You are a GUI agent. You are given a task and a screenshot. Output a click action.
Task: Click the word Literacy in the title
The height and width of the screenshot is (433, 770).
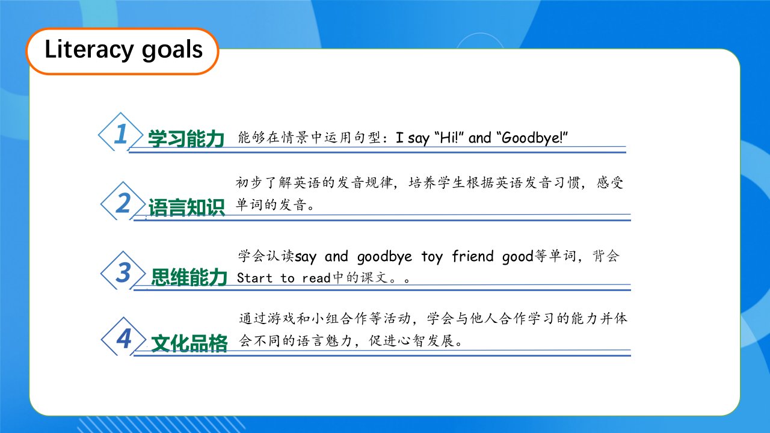point(89,50)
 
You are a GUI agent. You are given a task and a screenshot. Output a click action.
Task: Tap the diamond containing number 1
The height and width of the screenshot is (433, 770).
point(121,132)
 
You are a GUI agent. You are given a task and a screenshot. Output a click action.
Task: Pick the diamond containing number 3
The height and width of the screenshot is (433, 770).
point(123,271)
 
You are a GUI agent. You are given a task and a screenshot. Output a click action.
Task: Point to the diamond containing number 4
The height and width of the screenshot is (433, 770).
point(124,337)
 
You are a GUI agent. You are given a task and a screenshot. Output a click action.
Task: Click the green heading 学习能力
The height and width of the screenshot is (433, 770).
point(186,138)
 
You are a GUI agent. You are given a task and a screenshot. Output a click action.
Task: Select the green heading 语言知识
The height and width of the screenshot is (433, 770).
point(186,207)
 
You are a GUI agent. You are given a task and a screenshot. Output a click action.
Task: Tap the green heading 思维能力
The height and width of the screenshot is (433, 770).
point(189,277)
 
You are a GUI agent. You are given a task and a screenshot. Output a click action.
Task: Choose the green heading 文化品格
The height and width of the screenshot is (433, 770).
point(189,343)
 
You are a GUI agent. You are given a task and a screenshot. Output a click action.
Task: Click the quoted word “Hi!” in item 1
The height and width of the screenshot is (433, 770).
point(449,138)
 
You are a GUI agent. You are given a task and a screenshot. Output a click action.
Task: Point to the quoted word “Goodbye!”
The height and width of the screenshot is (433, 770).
point(532,138)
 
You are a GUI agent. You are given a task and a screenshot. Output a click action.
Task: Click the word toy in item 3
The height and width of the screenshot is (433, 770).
point(432,257)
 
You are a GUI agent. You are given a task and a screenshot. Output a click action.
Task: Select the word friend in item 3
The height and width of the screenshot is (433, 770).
point(473,256)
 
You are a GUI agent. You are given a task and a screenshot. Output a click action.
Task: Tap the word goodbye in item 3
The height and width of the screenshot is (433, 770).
point(384,257)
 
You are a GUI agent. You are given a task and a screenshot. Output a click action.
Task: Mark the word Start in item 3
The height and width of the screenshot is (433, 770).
point(254,278)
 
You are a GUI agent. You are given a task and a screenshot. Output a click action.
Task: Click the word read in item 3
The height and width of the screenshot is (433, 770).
point(316,278)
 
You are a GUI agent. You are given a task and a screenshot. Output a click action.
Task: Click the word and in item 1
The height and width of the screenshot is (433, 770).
point(479,138)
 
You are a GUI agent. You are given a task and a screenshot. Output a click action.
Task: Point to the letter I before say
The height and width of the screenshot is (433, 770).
point(399,138)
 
